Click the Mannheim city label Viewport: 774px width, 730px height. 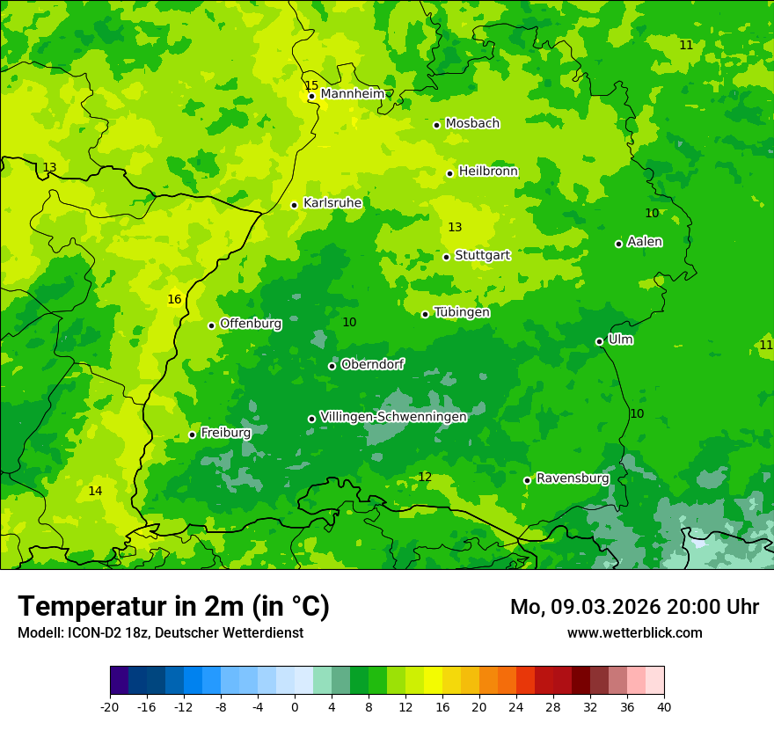pyautogui.click(x=352, y=94)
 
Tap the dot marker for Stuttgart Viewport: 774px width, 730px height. pyautogui.click(x=446, y=257)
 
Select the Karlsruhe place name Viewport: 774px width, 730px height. pyautogui.click(x=332, y=203)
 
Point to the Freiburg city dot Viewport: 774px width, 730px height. pyautogui.click(x=192, y=434)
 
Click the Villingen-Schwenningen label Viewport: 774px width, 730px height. pyautogui.click(x=393, y=417)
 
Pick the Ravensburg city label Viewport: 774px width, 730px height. pyautogui.click(x=573, y=478)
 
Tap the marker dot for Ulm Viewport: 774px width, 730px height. pyautogui.click(x=599, y=341)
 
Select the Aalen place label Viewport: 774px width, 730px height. pyautogui.click(x=645, y=242)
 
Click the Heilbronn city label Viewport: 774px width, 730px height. pyautogui.click(x=488, y=172)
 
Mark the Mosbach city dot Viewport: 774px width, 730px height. pyautogui.click(x=436, y=125)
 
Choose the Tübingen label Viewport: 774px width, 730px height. pyautogui.click(x=462, y=312)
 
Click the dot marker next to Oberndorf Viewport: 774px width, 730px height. pyautogui.click(x=332, y=366)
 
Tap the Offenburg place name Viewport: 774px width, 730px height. pyautogui.click(x=251, y=324)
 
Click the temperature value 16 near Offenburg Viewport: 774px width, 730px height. pyautogui.click(x=174, y=300)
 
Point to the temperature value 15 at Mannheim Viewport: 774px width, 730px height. pyautogui.click(x=310, y=85)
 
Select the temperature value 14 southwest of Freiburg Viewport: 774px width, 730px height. pyautogui.click(x=95, y=491)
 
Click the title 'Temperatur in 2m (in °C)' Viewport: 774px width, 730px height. pyautogui.click(x=173, y=607)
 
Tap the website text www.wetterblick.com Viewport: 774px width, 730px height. pyautogui.click(x=634, y=632)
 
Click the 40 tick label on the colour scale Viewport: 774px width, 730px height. pyautogui.click(x=663, y=707)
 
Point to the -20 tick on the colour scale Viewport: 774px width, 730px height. pyautogui.click(x=109, y=707)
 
